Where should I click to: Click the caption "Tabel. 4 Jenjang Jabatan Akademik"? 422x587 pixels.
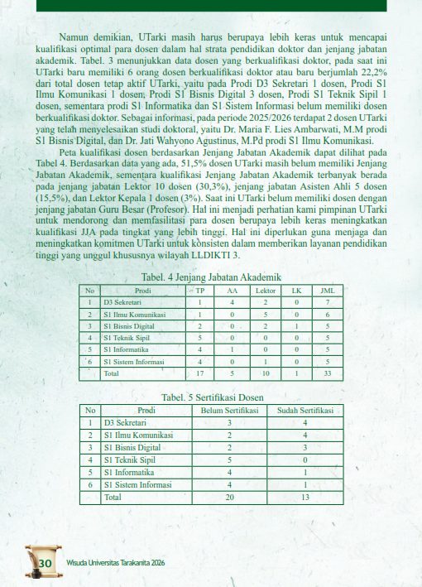coord(212,277)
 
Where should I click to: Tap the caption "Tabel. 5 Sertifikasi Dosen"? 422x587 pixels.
coord(213,397)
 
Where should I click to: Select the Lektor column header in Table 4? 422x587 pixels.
coord(265,291)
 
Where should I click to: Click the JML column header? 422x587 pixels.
coord(327,291)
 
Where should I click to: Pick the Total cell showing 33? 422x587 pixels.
coord(327,374)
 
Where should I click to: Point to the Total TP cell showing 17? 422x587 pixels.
coord(200,374)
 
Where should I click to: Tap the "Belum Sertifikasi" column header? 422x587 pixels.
coord(230,411)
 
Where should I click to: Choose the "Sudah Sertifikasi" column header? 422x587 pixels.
coord(305,411)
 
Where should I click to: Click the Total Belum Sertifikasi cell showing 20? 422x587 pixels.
coord(230,498)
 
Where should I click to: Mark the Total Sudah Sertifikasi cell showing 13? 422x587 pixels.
coord(305,498)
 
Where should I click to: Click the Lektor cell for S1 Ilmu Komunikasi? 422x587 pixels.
coord(265,315)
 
